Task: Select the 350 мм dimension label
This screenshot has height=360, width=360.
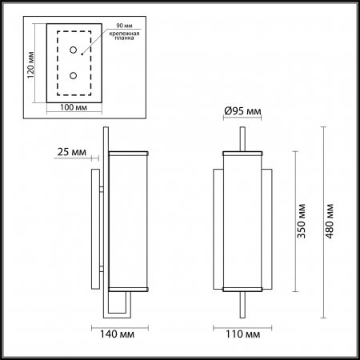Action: (x=300, y=221)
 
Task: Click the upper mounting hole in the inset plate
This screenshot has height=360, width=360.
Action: (x=74, y=50)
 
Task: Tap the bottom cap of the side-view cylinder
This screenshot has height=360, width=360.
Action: (x=128, y=287)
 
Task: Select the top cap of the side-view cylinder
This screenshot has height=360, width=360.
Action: (x=128, y=150)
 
